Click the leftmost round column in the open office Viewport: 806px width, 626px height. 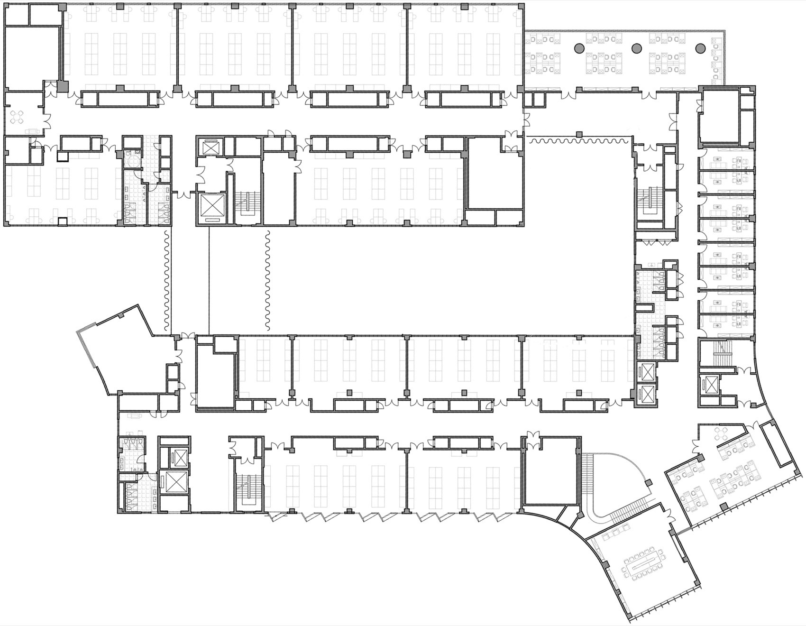click(579, 47)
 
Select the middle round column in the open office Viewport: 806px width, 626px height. click(637, 47)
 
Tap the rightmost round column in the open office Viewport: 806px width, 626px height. click(700, 47)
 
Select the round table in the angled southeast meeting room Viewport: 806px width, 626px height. click(722, 433)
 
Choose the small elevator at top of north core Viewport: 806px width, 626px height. click(209, 147)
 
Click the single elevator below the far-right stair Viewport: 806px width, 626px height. click(709, 384)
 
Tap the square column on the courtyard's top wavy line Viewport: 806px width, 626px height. click(579, 135)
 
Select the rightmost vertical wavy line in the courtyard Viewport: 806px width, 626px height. click(267, 281)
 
